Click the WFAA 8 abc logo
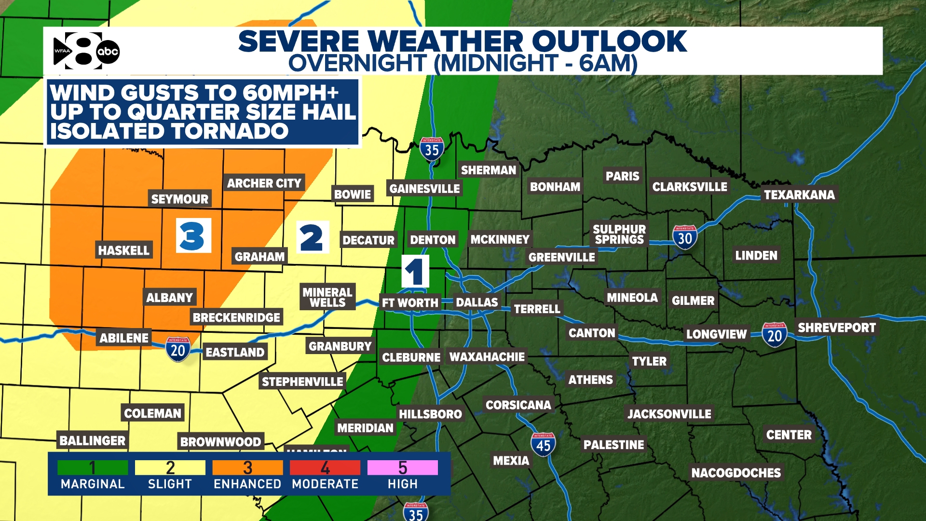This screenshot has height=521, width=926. click(x=86, y=51)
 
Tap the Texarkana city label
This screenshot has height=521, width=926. click(x=799, y=194)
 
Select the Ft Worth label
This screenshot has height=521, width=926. click(x=409, y=302)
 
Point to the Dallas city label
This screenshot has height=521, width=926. click(x=477, y=302)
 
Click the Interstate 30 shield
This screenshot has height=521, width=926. click(x=684, y=237)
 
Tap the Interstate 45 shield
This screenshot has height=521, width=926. click(x=543, y=444)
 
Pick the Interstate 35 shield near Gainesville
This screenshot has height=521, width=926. click(x=432, y=150)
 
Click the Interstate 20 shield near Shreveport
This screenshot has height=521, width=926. click(x=775, y=335)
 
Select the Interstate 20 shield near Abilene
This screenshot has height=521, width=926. click(x=177, y=349)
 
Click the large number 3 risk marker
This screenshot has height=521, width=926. click(x=193, y=236)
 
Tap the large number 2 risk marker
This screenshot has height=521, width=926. click(x=312, y=237)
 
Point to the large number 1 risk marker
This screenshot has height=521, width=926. click(x=415, y=272)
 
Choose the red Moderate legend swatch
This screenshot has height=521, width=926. click(x=325, y=467)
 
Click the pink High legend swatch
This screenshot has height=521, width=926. click(x=402, y=467)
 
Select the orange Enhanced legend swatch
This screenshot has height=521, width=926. click(x=247, y=467)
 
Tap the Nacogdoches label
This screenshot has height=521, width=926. click(x=735, y=472)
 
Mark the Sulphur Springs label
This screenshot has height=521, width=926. click(x=619, y=234)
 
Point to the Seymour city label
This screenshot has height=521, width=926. click(x=179, y=199)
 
